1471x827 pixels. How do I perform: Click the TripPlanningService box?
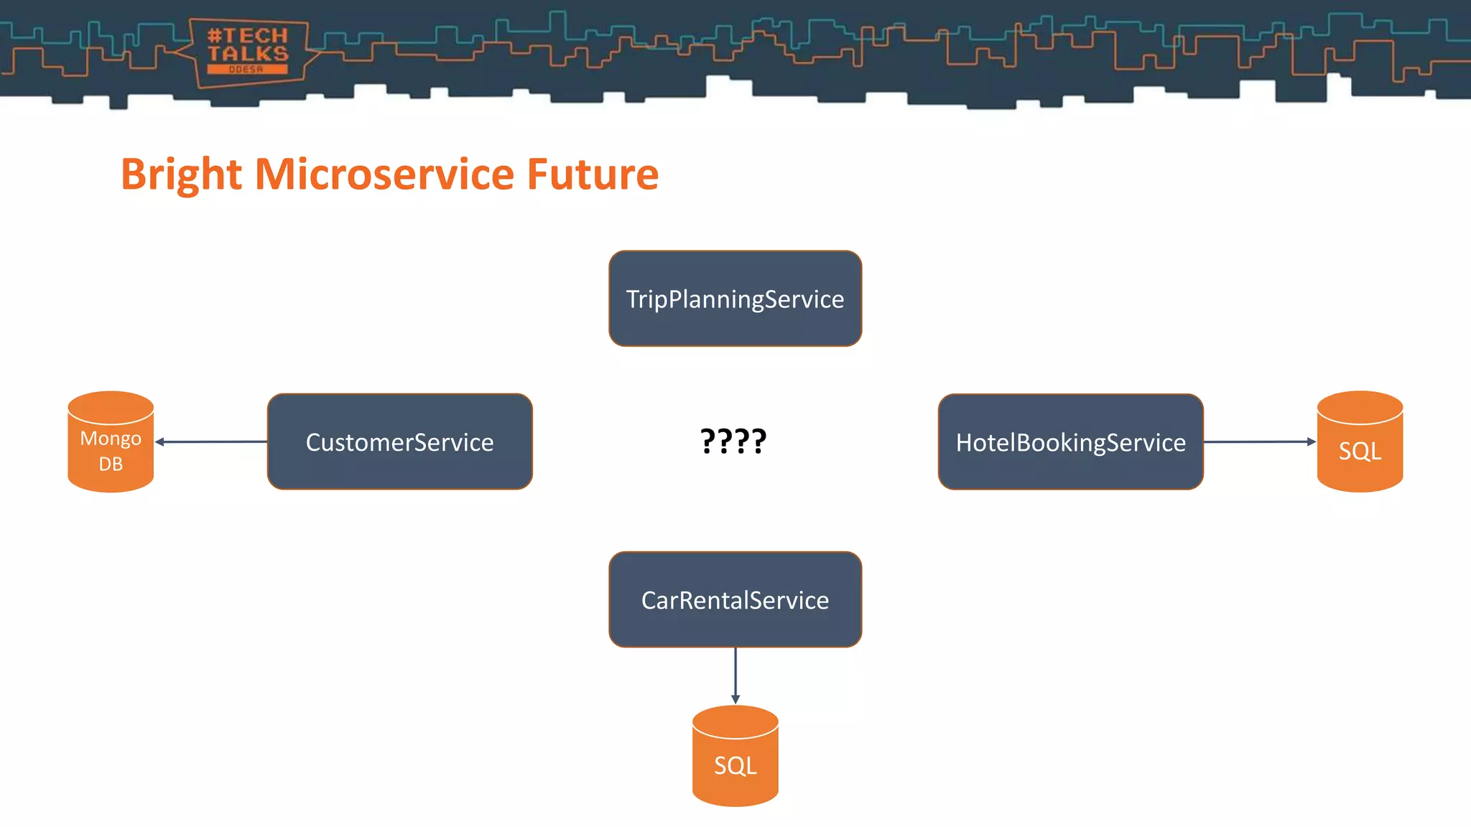point(735,299)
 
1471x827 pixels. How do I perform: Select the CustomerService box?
point(399,441)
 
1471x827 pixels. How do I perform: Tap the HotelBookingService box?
point(1070,441)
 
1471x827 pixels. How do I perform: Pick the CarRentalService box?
point(735,599)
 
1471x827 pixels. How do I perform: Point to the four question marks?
point(733,441)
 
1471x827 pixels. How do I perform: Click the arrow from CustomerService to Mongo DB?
point(212,441)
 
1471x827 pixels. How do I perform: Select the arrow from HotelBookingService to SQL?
point(1258,441)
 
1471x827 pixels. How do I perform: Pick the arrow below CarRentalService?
point(735,675)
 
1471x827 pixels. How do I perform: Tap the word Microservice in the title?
point(385,174)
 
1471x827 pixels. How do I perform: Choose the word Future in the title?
point(593,174)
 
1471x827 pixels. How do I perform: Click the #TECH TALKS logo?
point(248,52)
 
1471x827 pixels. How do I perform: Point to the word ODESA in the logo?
point(246,70)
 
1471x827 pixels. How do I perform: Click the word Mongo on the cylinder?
point(111,438)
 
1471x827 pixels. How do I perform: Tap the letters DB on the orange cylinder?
point(111,464)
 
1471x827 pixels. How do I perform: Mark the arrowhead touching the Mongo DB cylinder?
point(160,441)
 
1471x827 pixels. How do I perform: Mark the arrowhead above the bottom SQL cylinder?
point(735,699)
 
